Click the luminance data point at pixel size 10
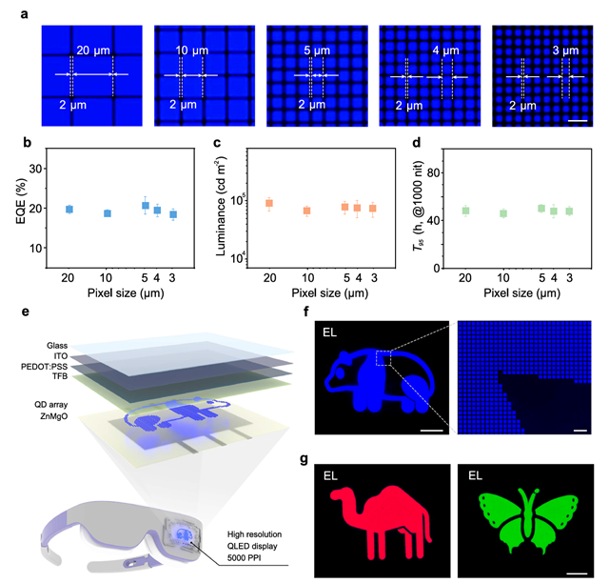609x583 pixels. click(x=307, y=211)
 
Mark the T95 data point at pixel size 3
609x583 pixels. click(x=570, y=211)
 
